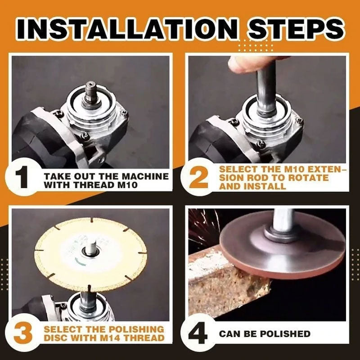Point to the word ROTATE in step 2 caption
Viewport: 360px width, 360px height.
pos(311,177)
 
